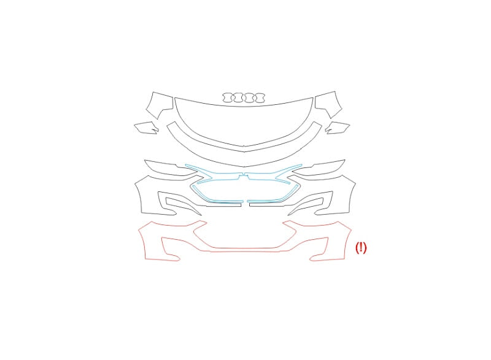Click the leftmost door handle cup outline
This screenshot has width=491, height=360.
click(x=223, y=98)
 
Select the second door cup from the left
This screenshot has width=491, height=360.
click(x=234, y=98)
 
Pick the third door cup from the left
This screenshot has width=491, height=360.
click(x=244, y=98)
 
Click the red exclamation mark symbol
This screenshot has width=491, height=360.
click(x=361, y=247)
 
